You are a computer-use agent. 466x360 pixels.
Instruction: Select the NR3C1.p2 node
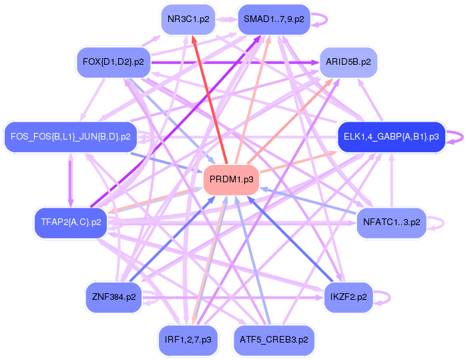pos(188,19)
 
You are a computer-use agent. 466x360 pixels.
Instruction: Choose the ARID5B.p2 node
pos(348,61)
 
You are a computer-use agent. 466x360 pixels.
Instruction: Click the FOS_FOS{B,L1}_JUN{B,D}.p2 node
pos(70,136)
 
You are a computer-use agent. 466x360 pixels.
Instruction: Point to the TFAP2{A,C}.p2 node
pos(71,222)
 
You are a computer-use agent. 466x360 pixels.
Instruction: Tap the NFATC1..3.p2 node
pos(391,222)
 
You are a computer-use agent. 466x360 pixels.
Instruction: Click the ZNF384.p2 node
pos(114,296)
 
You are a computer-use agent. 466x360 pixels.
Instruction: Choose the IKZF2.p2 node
pos(348,296)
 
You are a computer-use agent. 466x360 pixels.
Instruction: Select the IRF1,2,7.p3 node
pos(188,339)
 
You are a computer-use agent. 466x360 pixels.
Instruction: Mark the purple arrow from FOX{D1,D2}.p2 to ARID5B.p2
pos(234,62)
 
